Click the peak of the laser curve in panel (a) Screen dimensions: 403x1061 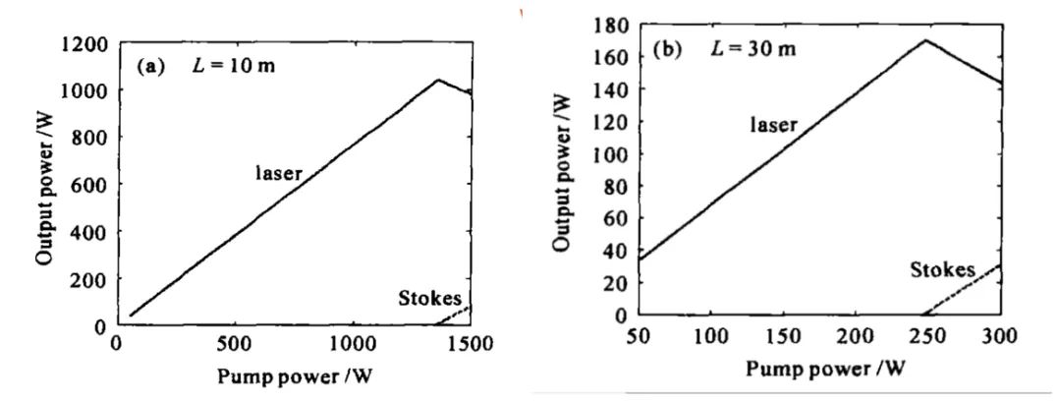click(x=437, y=80)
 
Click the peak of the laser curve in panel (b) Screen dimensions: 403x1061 click(x=925, y=40)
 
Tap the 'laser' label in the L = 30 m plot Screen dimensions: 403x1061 click(x=774, y=124)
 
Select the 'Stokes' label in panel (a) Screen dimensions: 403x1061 click(x=429, y=299)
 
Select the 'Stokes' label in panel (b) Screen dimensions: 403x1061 click(x=942, y=269)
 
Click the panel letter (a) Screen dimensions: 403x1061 click(x=155, y=68)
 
